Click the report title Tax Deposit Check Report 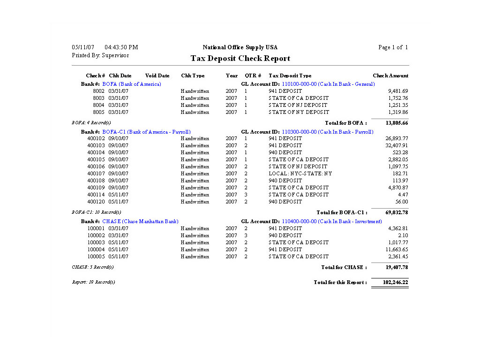pos(240,59)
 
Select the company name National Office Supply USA pos(240,47)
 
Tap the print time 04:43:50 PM pos(121,47)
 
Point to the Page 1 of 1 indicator pos(393,47)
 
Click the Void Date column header pos(157,75)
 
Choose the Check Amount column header pos(390,75)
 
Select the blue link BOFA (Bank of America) pos(132,84)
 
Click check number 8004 pos(98,105)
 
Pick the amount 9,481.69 pos(398,91)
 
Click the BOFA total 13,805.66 pos(397,123)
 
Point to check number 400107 pos(96,173)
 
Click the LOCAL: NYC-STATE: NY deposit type pos(300,173)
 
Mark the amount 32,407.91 pos(397,145)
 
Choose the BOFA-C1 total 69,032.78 pos(397,212)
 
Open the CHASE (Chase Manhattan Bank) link pos(140,221)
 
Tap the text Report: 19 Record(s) pos(93,282)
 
